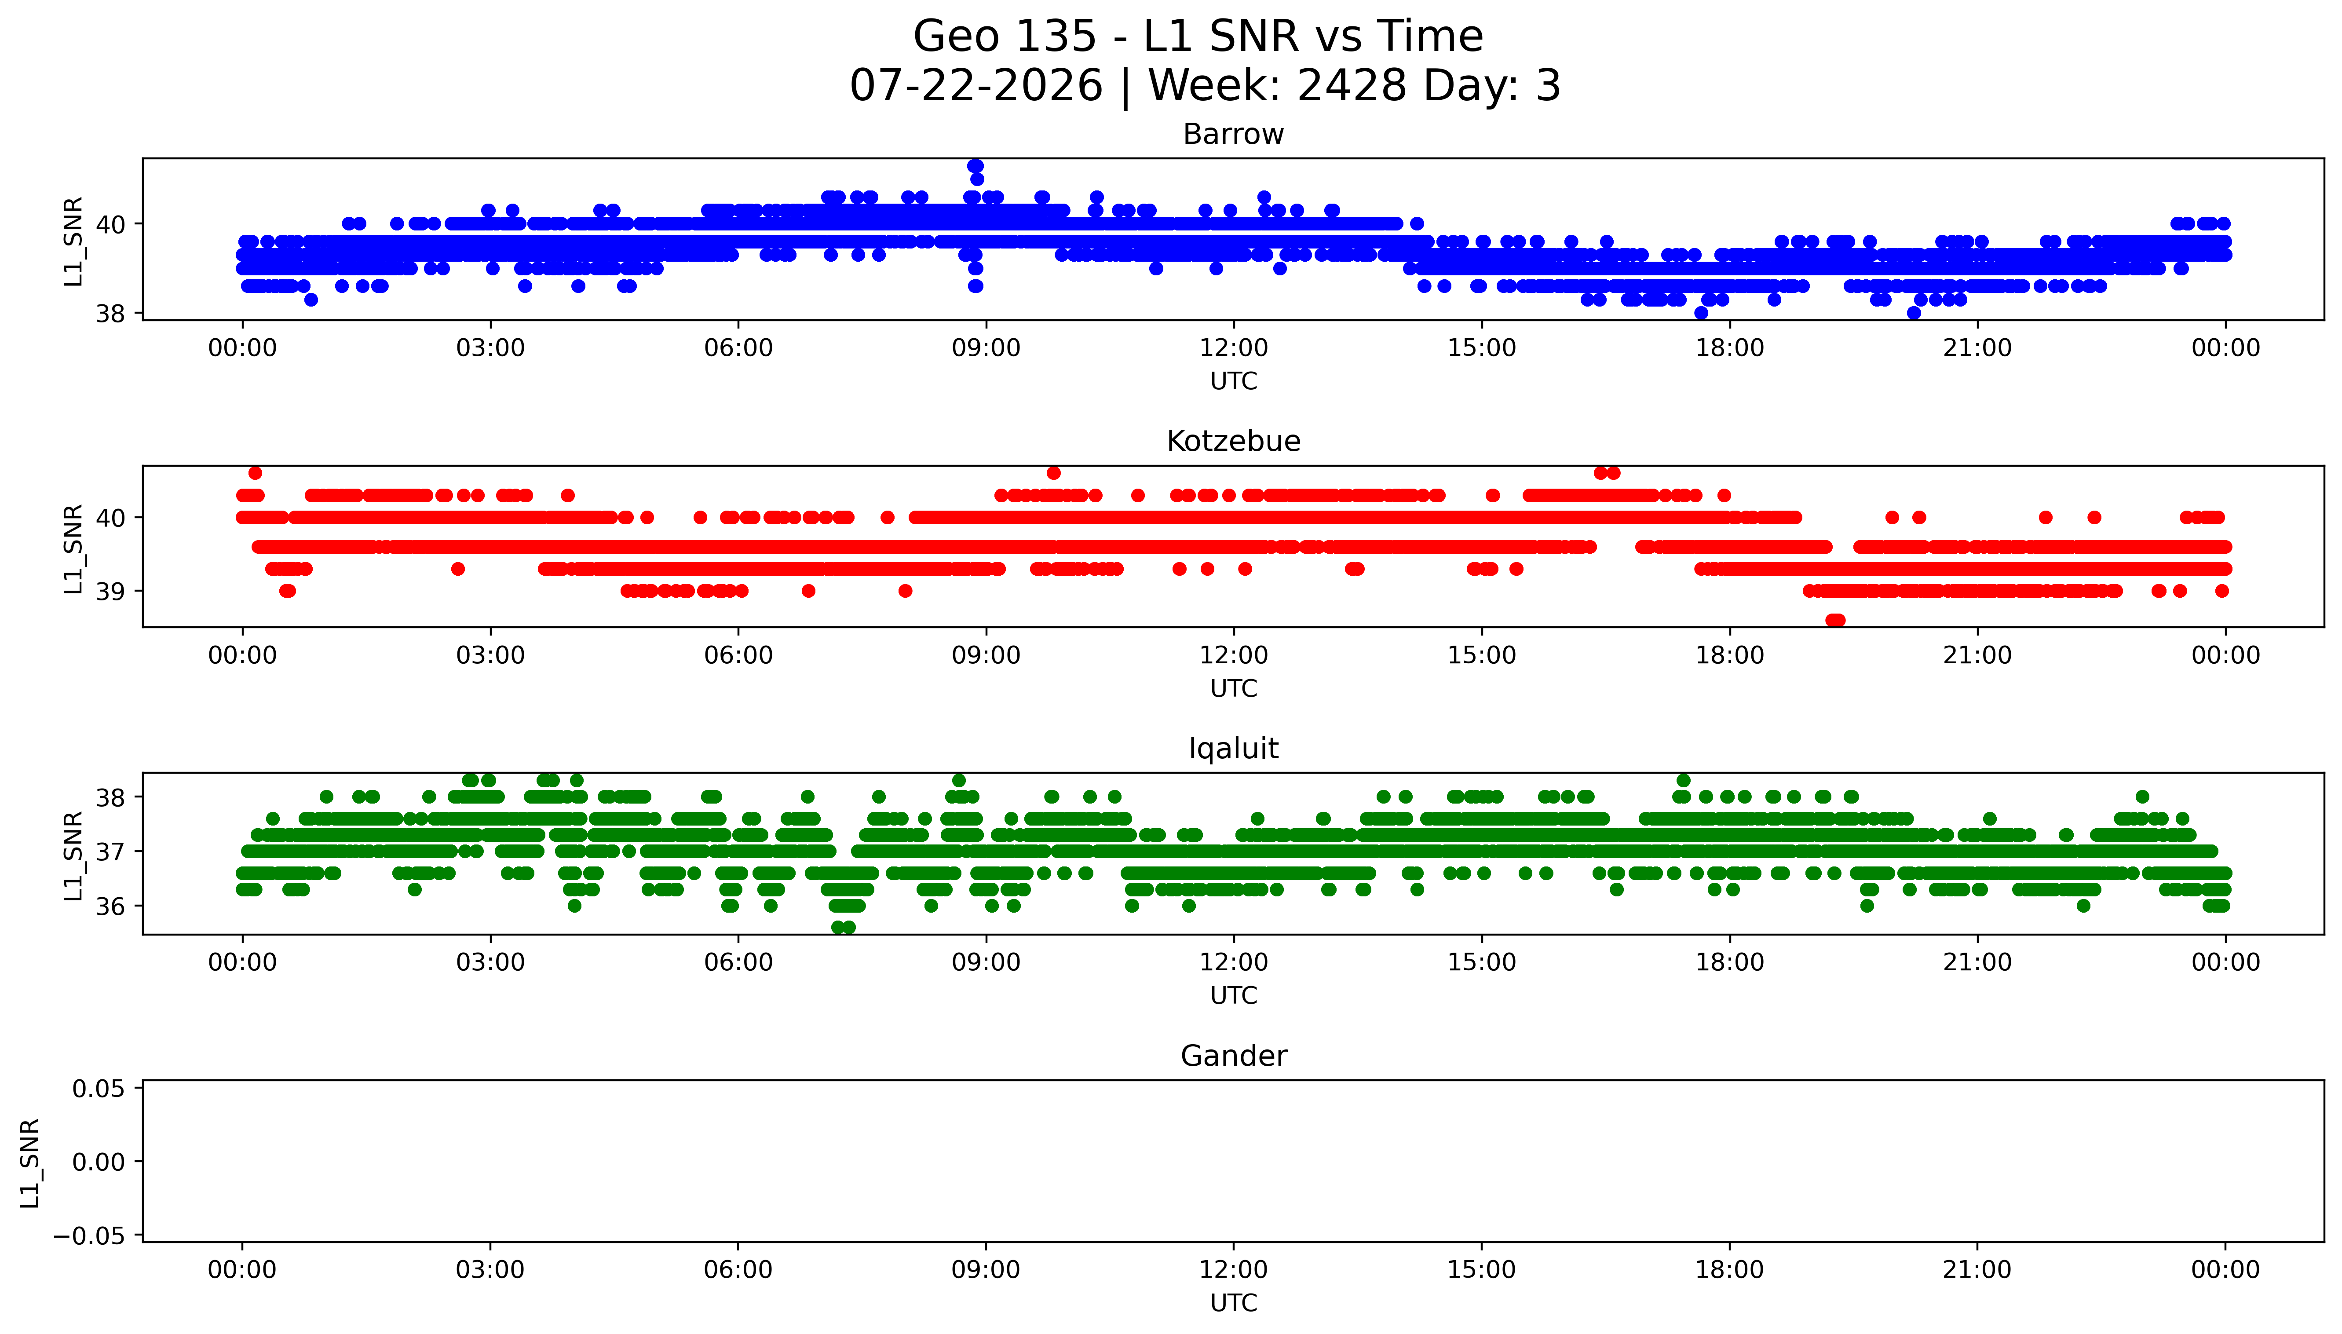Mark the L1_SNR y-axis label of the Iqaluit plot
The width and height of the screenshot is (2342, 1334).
pyautogui.click(x=73, y=856)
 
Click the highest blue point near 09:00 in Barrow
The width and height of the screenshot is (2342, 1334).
pyautogui.click(x=976, y=166)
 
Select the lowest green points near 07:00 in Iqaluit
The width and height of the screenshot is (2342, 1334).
pyautogui.click(x=843, y=927)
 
